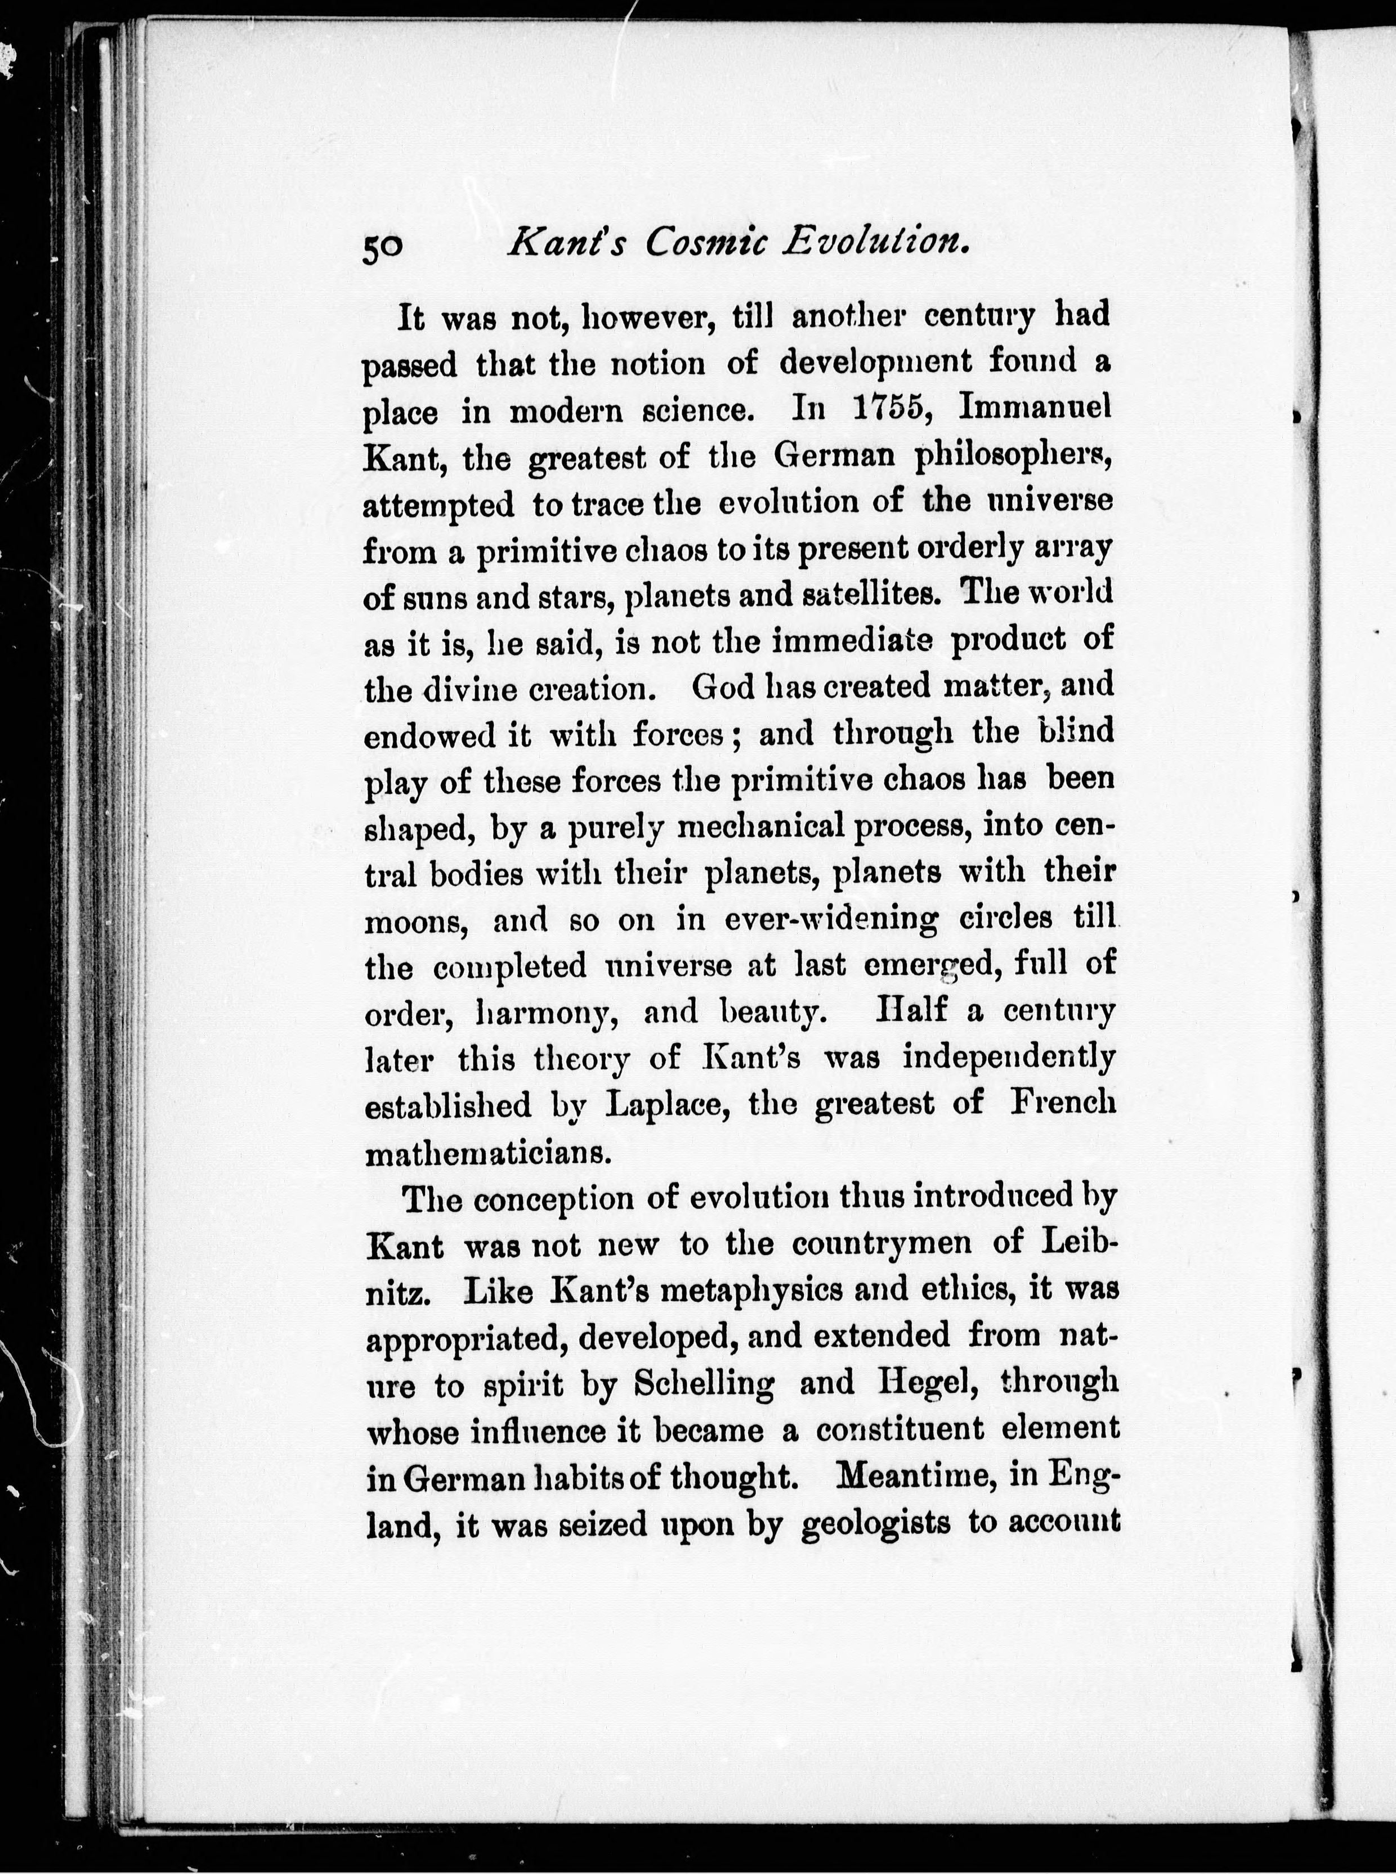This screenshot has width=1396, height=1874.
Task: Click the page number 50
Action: tap(384, 248)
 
